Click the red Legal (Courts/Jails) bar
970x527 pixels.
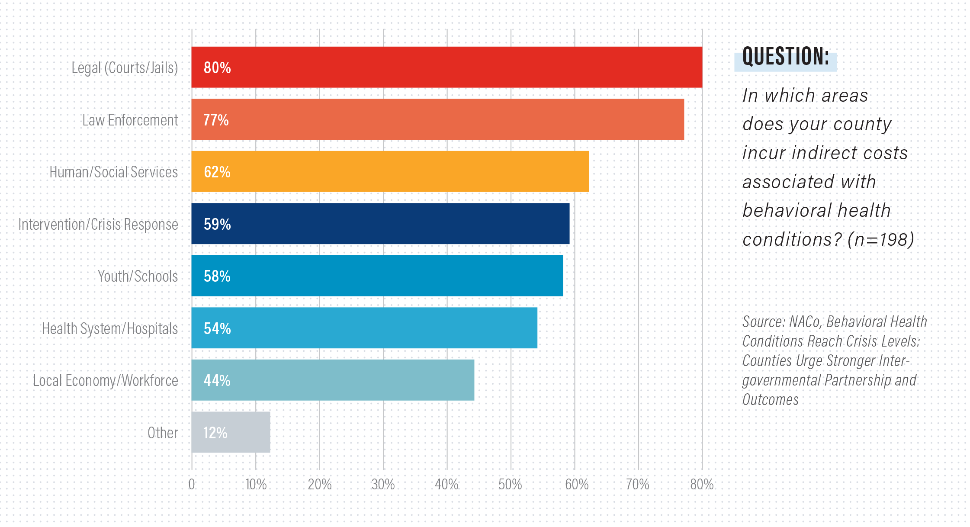click(x=446, y=67)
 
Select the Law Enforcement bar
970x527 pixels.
click(x=438, y=119)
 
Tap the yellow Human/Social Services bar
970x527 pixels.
click(x=390, y=172)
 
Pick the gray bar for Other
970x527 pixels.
click(x=231, y=432)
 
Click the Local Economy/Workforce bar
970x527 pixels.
click(x=333, y=380)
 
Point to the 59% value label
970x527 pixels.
click(x=217, y=224)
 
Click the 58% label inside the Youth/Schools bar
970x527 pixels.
click(x=217, y=276)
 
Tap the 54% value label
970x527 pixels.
click(x=217, y=328)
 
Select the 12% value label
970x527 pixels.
click(x=215, y=433)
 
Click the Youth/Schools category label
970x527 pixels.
click(x=138, y=276)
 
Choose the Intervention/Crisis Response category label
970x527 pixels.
click(x=98, y=224)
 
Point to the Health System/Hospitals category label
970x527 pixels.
click(x=110, y=329)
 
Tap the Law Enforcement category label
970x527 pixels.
click(x=130, y=120)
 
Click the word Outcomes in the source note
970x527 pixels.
click(x=770, y=399)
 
